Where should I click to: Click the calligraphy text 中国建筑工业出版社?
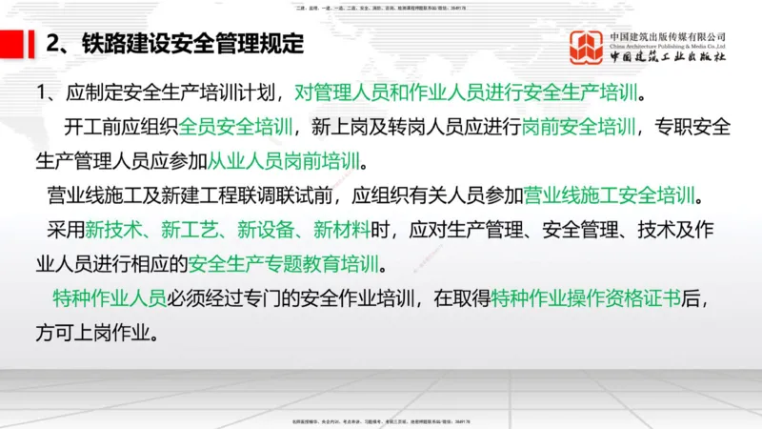(668, 57)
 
